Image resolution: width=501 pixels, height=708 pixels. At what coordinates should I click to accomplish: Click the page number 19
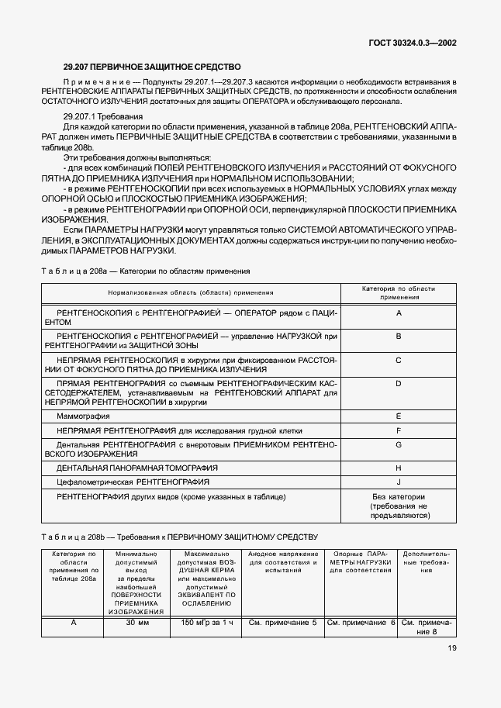click(x=451, y=670)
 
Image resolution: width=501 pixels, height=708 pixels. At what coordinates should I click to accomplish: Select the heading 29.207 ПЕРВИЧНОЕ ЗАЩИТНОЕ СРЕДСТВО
click(x=152, y=67)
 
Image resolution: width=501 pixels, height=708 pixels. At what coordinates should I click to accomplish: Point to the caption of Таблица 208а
click(x=145, y=271)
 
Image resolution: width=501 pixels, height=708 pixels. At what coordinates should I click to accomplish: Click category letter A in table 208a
click(x=398, y=313)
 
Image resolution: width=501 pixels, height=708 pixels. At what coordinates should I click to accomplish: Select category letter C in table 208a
click(x=398, y=360)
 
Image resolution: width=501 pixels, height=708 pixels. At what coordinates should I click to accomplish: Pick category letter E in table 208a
click(x=398, y=416)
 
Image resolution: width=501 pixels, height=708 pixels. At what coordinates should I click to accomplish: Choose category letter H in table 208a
click(x=398, y=468)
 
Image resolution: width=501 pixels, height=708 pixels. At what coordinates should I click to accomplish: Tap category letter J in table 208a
click(x=398, y=482)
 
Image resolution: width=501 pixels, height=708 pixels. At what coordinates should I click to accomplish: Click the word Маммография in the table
click(x=79, y=416)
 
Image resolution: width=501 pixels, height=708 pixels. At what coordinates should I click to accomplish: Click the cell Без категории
click(x=399, y=496)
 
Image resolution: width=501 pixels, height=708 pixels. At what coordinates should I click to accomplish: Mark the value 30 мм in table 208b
click(x=136, y=622)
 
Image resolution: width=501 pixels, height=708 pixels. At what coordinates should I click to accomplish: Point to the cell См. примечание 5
click(x=282, y=622)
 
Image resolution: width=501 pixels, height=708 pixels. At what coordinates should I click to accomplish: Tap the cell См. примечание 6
click(x=361, y=622)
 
